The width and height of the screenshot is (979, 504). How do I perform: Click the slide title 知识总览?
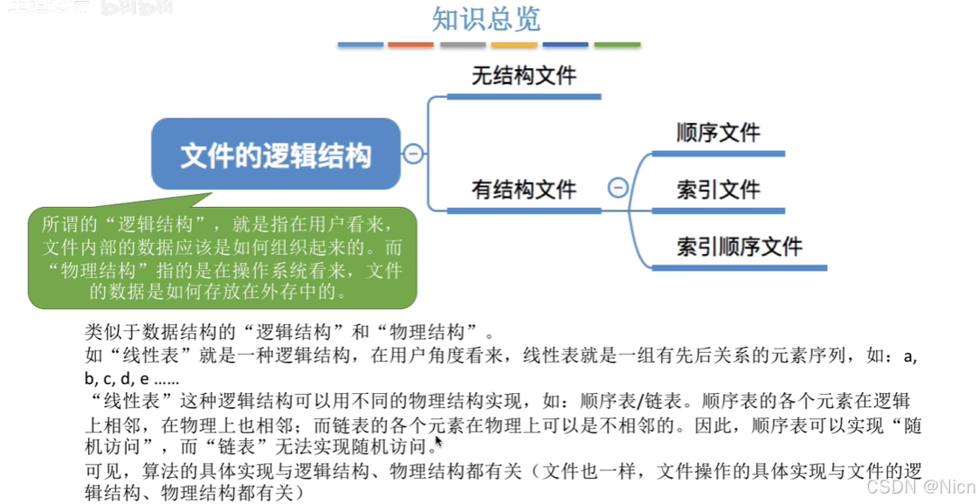pyautogui.click(x=486, y=18)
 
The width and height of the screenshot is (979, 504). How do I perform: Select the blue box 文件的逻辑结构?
pyautogui.click(x=275, y=155)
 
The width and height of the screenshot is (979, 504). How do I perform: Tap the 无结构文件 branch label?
pyautogui.click(x=524, y=76)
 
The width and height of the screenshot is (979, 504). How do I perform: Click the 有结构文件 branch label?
pyautogui.click(x=524, y=189)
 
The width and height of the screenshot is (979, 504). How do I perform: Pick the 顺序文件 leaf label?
pyautogui.click(x=718, y=133)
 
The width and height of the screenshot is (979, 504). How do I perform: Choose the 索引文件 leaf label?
pyautogui.click(x=718, y=190)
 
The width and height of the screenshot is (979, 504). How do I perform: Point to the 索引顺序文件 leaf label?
pyautogui.click(x=739, y=245)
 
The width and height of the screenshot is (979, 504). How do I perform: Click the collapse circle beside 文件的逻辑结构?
pyautogui.click(x=413, y=155)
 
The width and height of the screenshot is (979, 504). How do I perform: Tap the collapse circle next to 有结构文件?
pyautogui.click(x=617, y=188)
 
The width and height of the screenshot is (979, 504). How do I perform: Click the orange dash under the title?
pyautogui.click(x=410, y=45)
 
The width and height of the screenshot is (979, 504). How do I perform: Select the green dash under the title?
pyautogui.click(x=617, y=45)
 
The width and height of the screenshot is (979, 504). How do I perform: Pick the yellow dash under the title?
pyautogui.click(x=514, y=45)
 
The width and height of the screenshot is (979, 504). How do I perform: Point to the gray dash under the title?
pyautogui.click(x=462, y=45)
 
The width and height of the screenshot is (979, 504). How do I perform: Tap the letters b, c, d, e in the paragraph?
pyautogui.click(x=117, y=379)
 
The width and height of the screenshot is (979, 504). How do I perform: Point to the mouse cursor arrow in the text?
pyautogui.click(x=439, y=444)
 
